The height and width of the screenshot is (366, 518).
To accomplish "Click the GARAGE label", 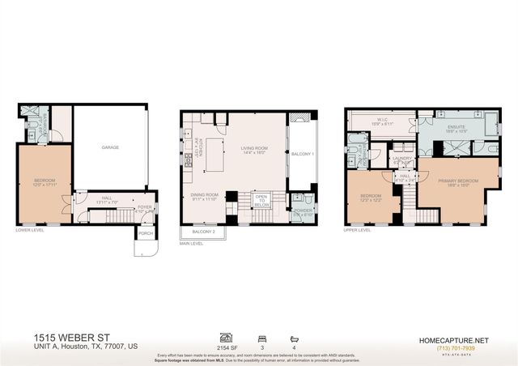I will pos(110,148).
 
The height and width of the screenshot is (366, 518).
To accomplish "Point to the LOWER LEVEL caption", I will pos(30,229).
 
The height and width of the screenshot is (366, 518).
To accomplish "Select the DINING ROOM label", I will pos(204,194).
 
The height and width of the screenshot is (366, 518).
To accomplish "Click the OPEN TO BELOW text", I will pos(261,199).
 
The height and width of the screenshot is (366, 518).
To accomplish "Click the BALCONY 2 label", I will pos(203,232).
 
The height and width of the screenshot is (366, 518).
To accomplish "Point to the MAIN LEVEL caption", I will pos(191,242).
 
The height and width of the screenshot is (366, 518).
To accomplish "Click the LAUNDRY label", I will pos(401,158).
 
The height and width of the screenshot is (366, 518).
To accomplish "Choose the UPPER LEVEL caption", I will pos(358,229).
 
